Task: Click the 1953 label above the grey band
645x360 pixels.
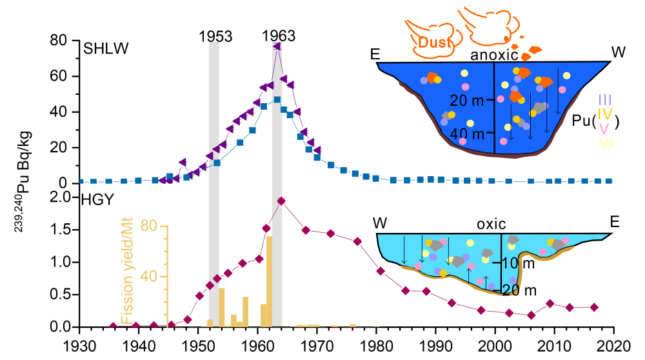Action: [215, 36]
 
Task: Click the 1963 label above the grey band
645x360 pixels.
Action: [279, 36]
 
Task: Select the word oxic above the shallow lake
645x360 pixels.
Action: [491, 224]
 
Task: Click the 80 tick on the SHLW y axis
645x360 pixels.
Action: [59, 41]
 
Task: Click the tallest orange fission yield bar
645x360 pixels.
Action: [269, 281]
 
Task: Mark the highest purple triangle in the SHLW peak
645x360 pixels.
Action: [276, 46]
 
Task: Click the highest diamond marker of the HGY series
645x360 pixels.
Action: [281, 201]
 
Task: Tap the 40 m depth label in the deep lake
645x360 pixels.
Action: [468, 134]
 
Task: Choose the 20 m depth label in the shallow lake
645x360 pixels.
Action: [519, 289]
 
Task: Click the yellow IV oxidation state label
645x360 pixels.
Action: [605, 114]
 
